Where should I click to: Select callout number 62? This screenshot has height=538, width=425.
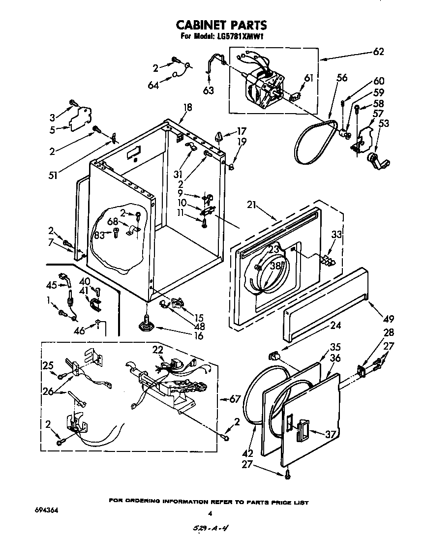(x=378, y=51)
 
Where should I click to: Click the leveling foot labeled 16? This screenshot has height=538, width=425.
(x=147, y=326)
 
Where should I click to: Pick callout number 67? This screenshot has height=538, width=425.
(x=235, y=399)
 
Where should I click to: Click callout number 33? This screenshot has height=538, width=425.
(x=336, y=235)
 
